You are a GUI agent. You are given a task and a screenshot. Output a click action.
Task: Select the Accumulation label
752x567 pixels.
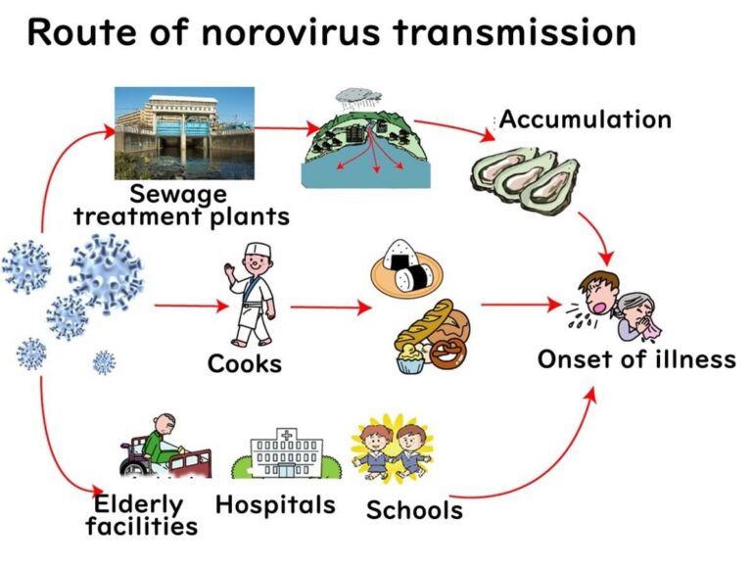point(586,119)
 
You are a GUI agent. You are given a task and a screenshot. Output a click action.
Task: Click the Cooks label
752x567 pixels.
point(244,364)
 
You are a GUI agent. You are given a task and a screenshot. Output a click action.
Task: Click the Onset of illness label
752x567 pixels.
point(635,359)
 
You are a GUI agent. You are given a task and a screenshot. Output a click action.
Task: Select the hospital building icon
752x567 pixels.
point(279,455)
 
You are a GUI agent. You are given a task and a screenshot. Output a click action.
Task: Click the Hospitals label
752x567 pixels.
point(275,505)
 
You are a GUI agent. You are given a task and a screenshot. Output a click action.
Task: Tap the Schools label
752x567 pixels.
point(414,509)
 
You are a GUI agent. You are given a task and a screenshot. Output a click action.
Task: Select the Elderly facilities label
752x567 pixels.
point(141,516)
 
